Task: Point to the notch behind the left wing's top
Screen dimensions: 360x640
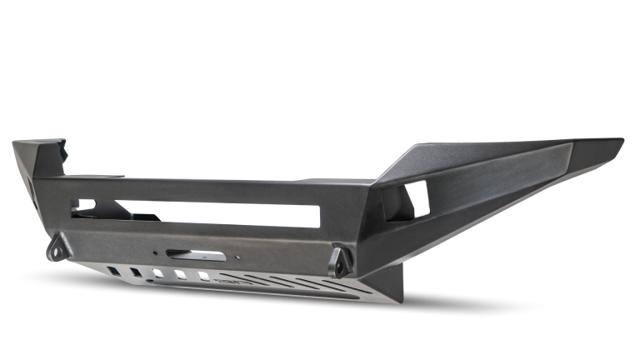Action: (62, 153)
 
